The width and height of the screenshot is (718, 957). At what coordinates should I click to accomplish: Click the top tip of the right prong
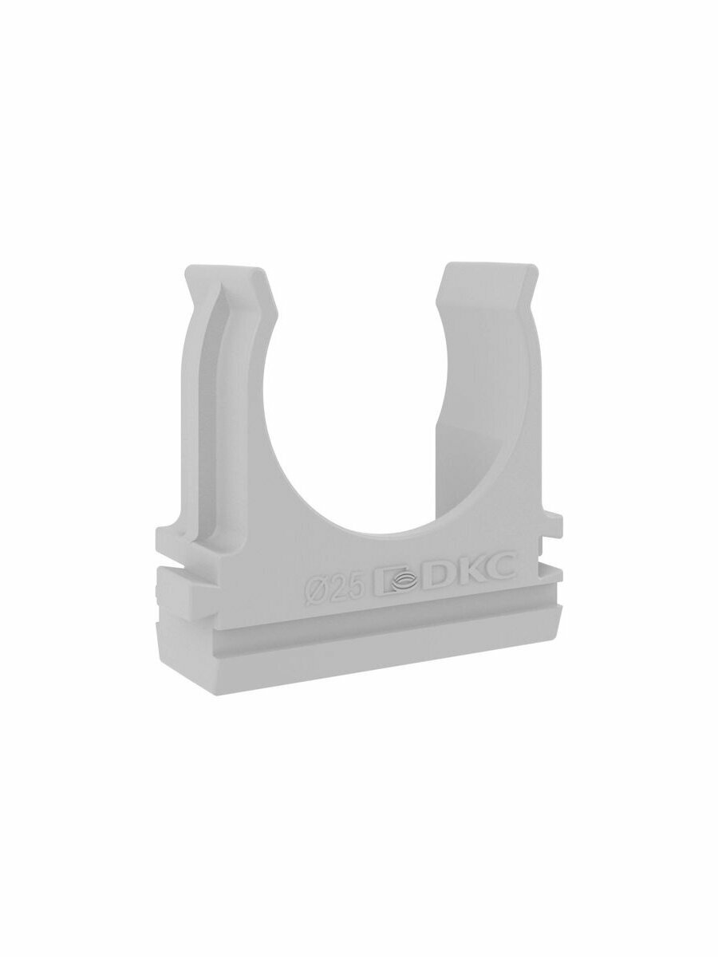488,262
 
